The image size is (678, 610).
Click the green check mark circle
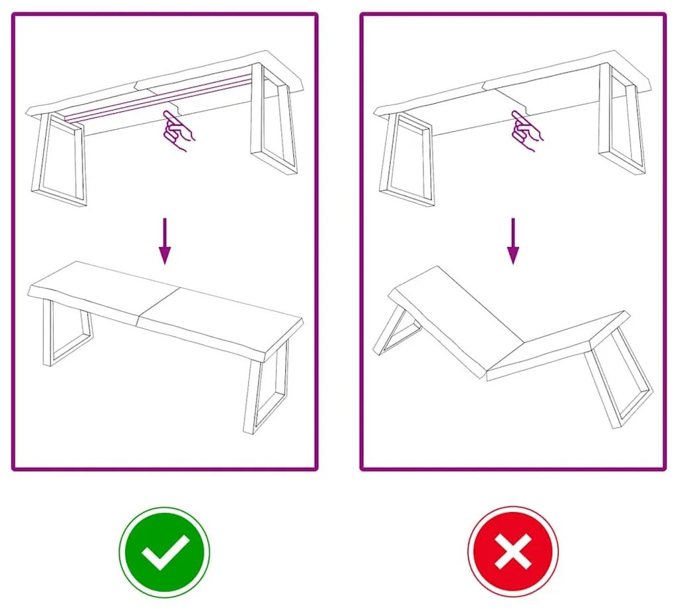pos(164,552)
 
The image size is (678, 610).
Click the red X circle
pos(513,552)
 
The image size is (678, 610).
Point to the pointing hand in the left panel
pos(177,130)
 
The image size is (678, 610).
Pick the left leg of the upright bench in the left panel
pos(66,333)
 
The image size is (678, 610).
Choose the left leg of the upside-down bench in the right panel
pos(407,160)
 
